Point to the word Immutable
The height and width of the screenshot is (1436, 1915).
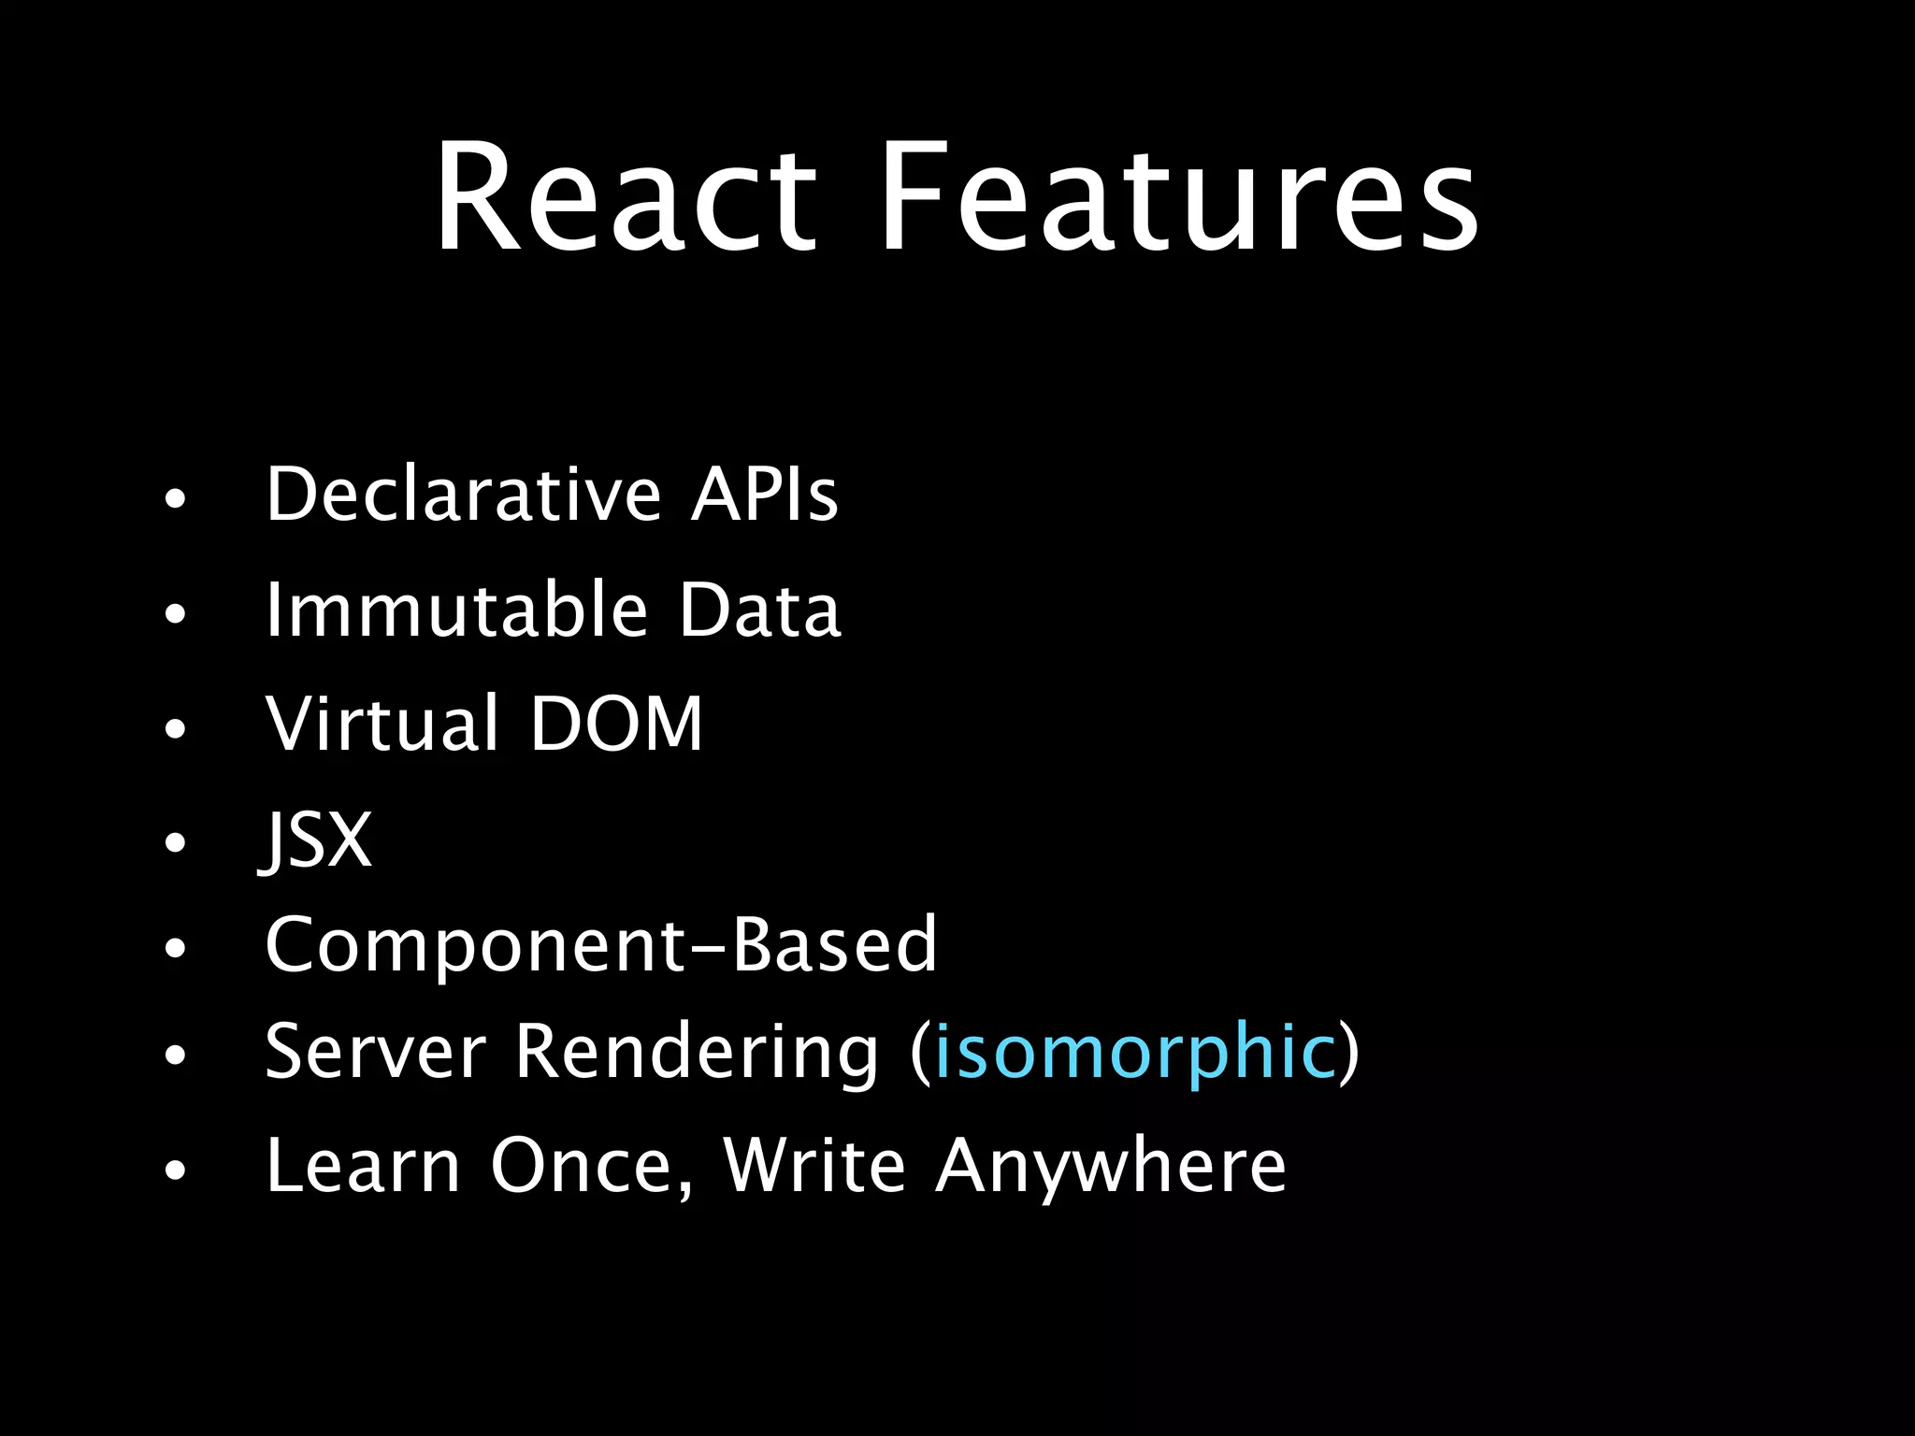click(x=456, y=610)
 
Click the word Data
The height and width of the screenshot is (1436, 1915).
click(x=759, y=610)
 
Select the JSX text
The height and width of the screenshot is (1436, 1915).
click(x=316, y=840)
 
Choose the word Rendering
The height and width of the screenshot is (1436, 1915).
click(x=697, y=1055)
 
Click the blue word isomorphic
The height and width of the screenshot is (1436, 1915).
click(x=1135, y=1053)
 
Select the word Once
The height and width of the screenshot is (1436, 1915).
click(x=591, y=1167)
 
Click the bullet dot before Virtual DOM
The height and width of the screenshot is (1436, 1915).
click(x=175, y=728)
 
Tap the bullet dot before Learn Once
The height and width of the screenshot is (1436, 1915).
click(x=175, y=1170)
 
